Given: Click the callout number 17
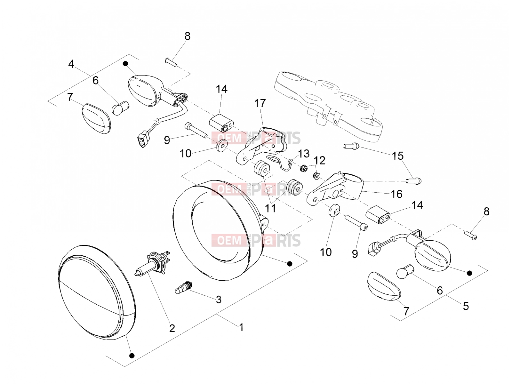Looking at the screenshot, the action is click(x=260, y=103).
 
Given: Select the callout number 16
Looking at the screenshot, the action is click(x=396, y=194).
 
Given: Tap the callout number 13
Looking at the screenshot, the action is click(x=304, y=154).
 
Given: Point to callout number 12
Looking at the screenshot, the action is click(x=320, y=161).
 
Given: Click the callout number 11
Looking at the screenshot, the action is click(x=271, y=208).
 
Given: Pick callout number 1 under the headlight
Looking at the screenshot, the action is click(x=241, y=327).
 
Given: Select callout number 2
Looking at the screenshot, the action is click(x=172, y=328).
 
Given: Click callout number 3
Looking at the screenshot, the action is click(x=219, y=300).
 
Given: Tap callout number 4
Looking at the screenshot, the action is click(x=71, y=64).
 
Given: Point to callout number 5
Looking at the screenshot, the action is click(x=466, y=306).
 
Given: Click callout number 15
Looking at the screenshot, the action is click(x=398, y=156).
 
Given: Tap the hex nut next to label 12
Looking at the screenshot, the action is click(x=304, y=168).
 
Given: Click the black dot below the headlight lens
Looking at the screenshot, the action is click(x=132, y=356).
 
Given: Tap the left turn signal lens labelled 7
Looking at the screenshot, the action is click(x=97, y=118).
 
